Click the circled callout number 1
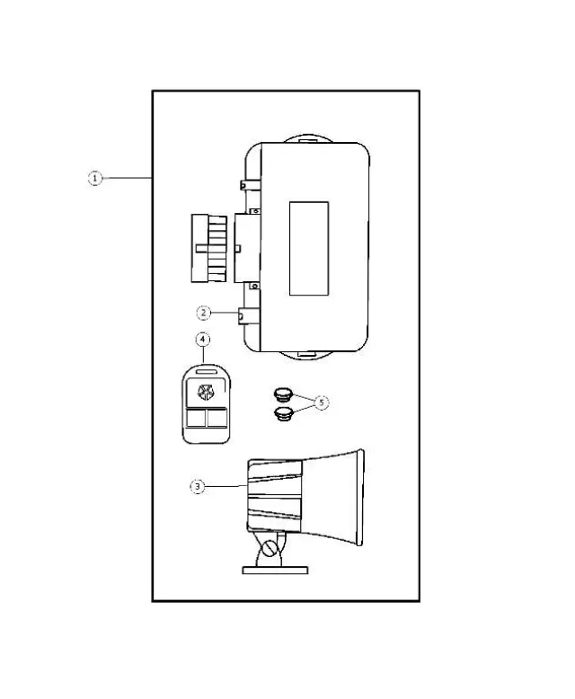94,179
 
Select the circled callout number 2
204,313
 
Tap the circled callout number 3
197,486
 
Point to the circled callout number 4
203,340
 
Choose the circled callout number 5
322,403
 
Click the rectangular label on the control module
308,249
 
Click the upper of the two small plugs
283,394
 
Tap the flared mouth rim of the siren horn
359,500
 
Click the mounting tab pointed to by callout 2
243,314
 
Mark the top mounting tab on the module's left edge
244,185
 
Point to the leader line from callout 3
225,486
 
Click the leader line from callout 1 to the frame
127,179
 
